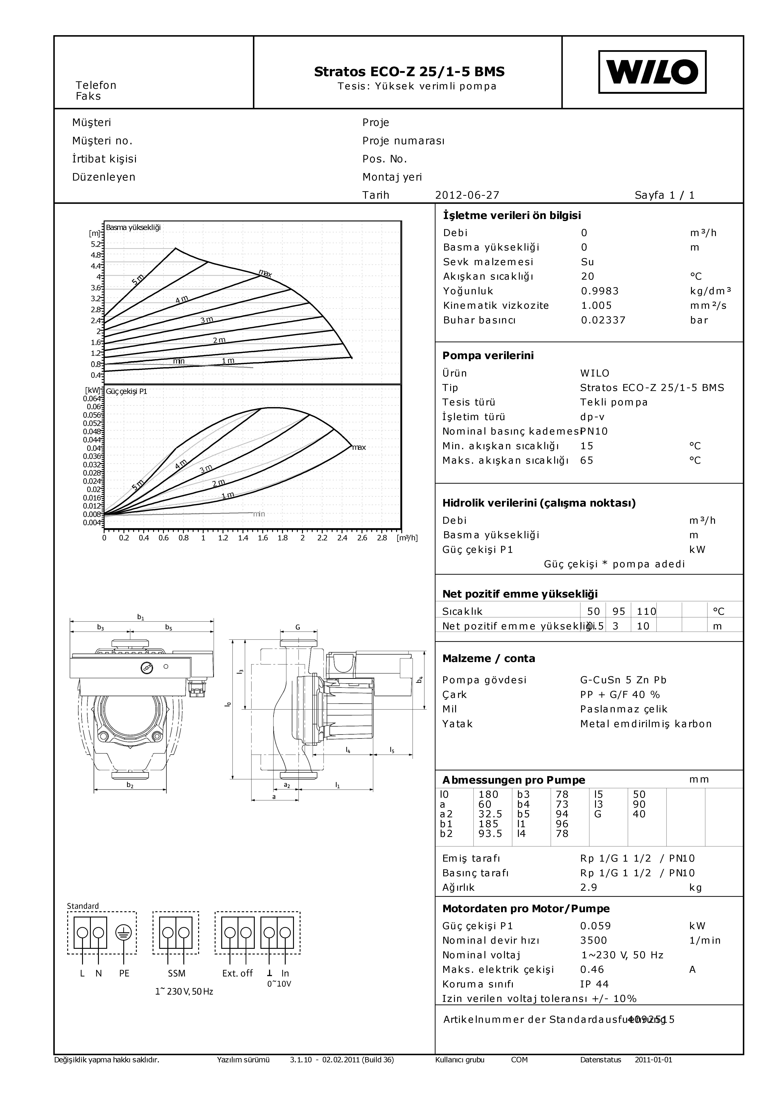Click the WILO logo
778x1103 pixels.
tap(652, 72)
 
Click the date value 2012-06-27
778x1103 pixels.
tap(467, 195)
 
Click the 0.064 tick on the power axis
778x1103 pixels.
tap(92, 398)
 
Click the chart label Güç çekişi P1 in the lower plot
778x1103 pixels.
tap(126, 392)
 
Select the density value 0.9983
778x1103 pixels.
tap(600, 291)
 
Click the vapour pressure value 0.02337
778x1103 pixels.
tap(603, 320)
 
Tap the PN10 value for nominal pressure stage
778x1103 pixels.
tap(594, 431)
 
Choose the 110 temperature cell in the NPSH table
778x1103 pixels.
tap(646, 611)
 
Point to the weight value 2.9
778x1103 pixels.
tap(589, 887)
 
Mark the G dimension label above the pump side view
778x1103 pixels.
tap(298, 627)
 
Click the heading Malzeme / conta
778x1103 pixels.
tap(488, 659)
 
